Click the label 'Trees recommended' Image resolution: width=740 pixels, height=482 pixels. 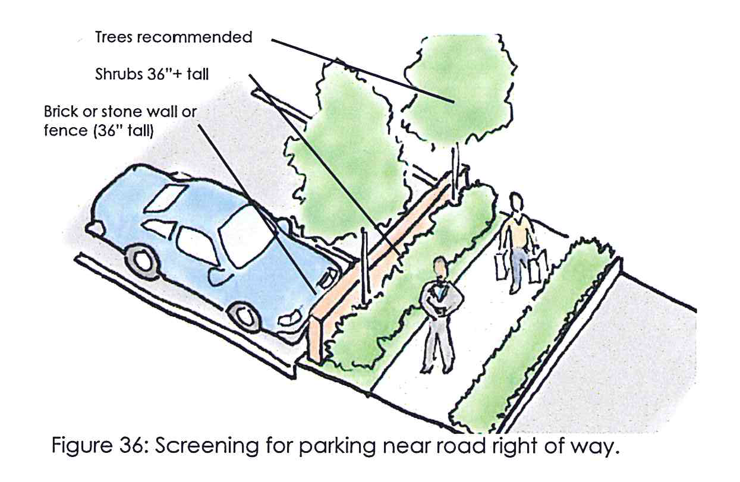174,37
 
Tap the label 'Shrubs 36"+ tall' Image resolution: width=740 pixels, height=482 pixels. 152,74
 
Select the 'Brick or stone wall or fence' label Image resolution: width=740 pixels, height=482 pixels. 120,121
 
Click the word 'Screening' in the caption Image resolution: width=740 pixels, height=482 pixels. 207,446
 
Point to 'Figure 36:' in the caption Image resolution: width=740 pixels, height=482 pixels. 99,446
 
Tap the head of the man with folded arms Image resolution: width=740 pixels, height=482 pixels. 440,268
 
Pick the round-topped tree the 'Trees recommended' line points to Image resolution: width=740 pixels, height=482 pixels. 460,89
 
